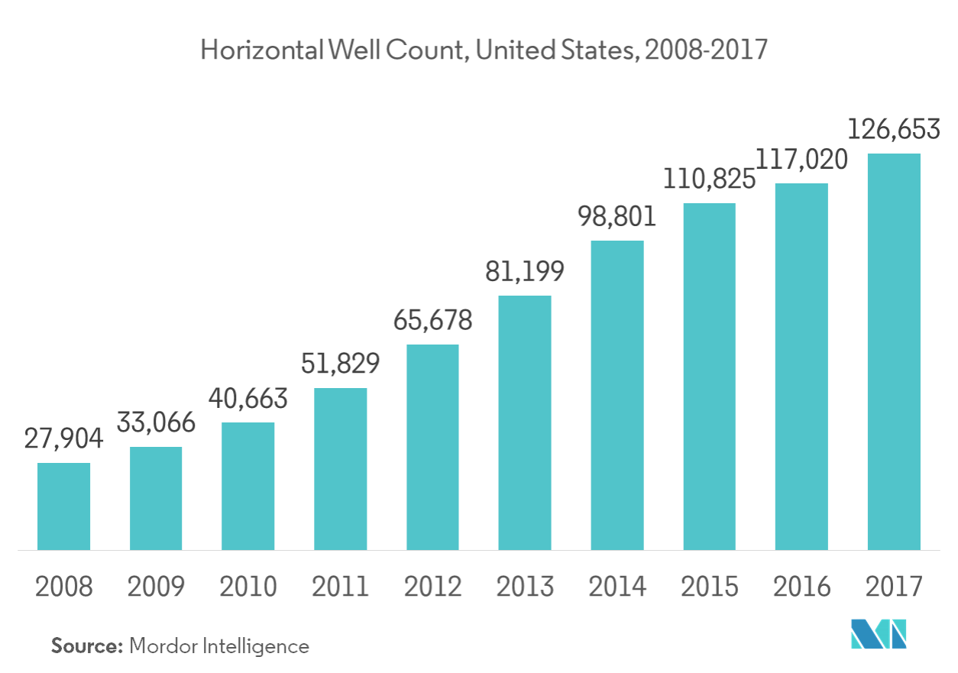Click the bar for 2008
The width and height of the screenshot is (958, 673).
[64, 506]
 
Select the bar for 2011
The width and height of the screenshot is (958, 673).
[341, 468]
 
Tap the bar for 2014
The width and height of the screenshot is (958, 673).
[617, 395]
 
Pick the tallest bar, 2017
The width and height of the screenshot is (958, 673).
[894, 351]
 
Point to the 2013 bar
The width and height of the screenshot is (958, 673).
[525, 422]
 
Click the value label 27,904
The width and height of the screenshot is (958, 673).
[63, 441]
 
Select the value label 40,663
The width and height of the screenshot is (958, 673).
[248, 399]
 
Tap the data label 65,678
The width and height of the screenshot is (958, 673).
[432, 320]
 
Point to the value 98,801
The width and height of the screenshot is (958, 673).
[617, 217]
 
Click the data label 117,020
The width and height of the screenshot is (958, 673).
[801, 160]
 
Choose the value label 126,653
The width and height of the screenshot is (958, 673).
[894, 130]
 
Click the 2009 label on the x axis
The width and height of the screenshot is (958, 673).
[156, 587]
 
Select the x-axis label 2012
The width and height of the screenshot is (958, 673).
[432, 587]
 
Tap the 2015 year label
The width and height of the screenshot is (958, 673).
[710, 587]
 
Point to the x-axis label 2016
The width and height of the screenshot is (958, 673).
[801, 587]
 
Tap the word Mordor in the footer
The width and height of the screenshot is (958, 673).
[163, 646]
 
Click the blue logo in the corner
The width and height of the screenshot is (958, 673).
[879, 633]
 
